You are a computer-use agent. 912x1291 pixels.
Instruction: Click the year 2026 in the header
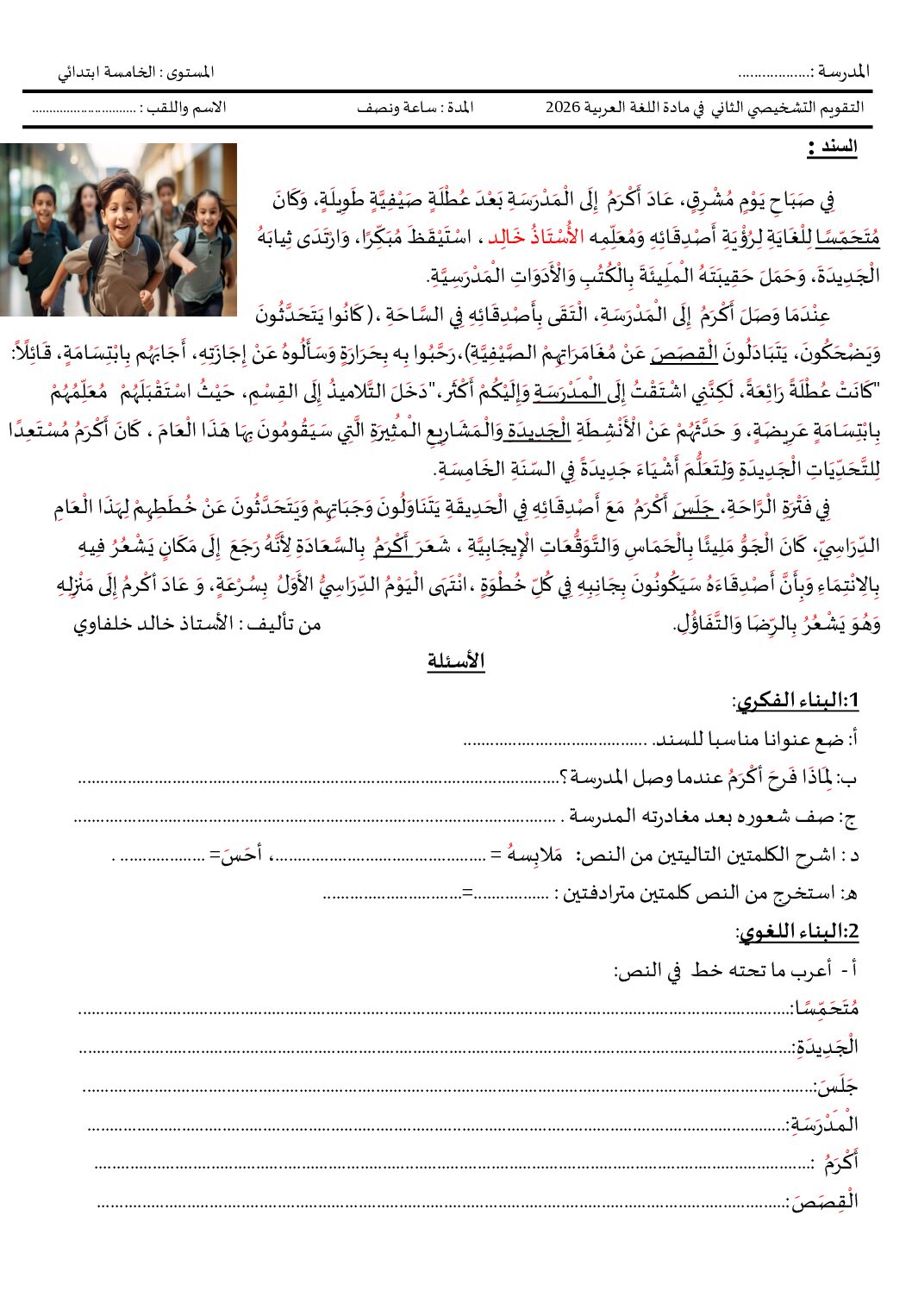(563, 108)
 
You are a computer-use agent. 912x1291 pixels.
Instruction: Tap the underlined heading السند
(834, 147)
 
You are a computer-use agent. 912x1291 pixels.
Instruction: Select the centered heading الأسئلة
(456, 661)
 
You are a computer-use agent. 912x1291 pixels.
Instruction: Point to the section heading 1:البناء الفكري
(796, 700)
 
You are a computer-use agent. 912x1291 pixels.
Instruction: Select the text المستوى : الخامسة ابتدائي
(136, 72)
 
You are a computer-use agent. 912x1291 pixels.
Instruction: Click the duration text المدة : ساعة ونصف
(415, 108)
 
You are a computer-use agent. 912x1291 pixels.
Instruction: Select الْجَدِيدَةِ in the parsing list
(828, 1046)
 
